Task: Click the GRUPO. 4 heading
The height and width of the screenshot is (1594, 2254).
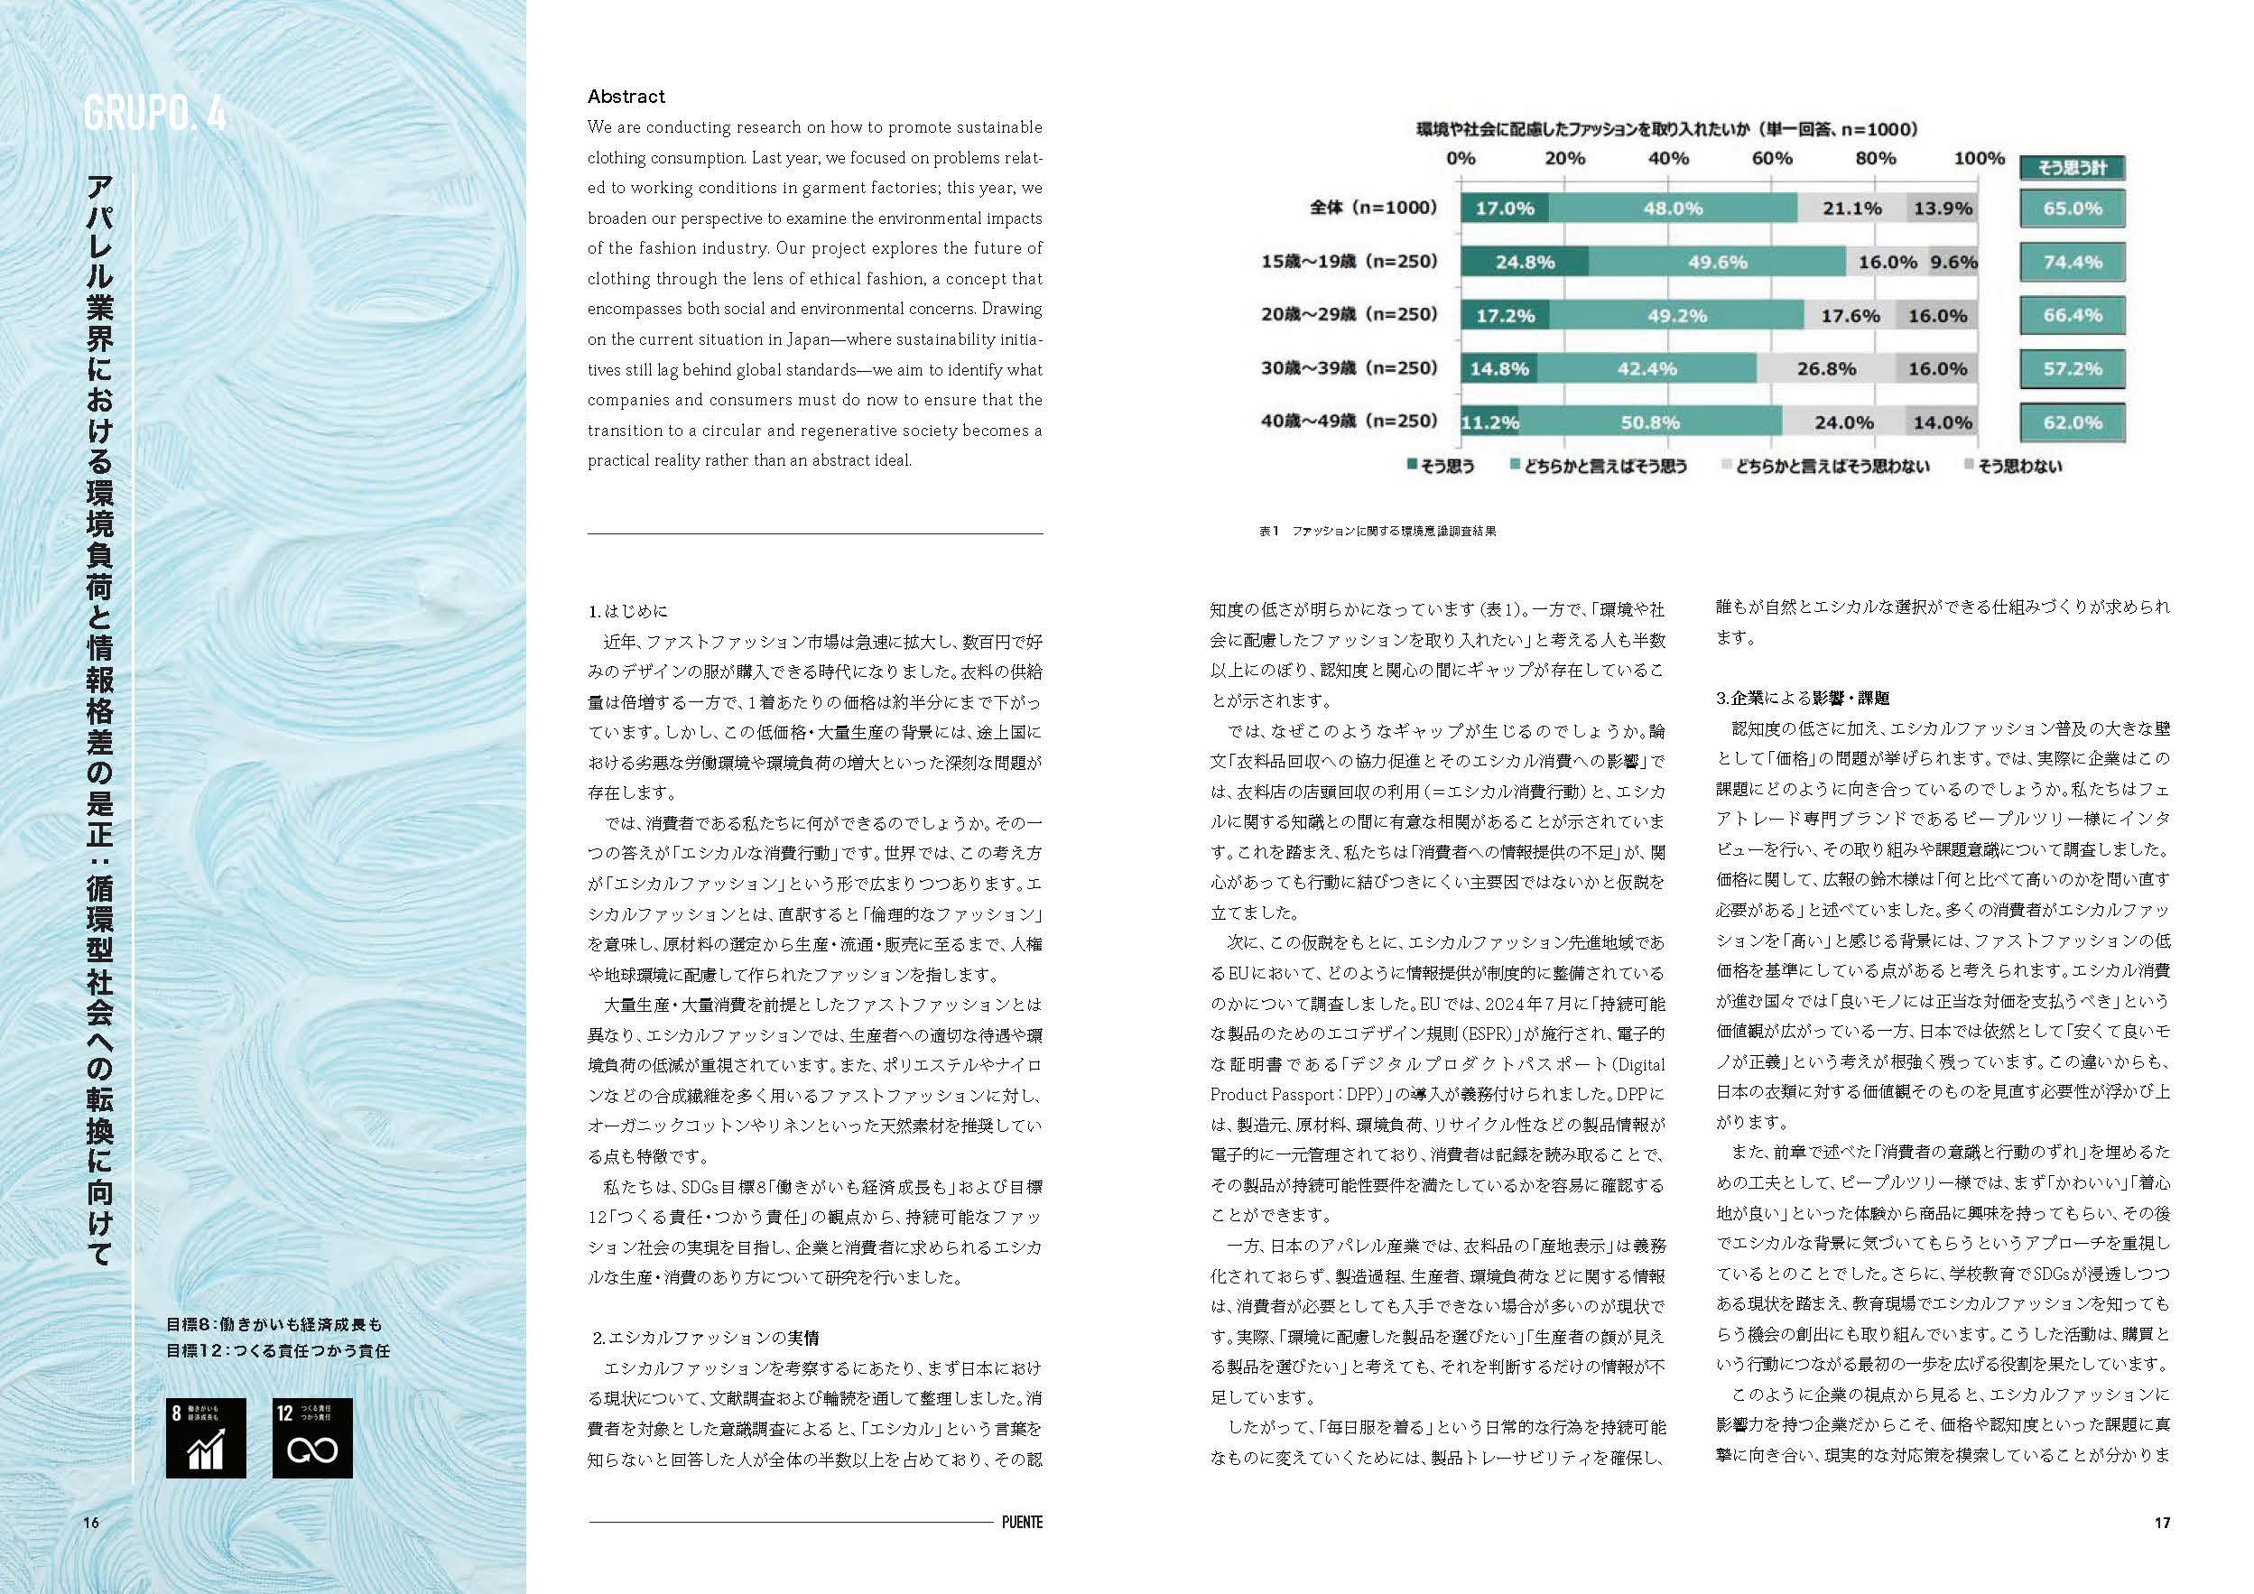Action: click(155, 115)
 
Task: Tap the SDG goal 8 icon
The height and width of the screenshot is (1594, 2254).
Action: click(205, 1437)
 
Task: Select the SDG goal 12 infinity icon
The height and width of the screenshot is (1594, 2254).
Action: click(312, 1437)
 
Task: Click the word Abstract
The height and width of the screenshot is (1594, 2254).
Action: click(626, 97)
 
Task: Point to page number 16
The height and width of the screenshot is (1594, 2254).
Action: click(91, 1523)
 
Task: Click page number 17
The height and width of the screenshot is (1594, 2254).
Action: click(2162, 1523)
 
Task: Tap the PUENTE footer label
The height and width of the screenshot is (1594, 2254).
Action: click(1022, 1523)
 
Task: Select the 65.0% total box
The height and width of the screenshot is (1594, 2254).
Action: click(2072, 209)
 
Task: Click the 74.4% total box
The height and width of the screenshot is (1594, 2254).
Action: click(2072, 262)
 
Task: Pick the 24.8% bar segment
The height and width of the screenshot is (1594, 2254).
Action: click(1524, 262)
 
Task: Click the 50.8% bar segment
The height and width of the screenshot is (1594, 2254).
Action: click(1650, 422)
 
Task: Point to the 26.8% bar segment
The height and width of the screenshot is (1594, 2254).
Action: click(1825, 369)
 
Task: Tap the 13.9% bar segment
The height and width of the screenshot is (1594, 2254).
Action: click(1942, 209)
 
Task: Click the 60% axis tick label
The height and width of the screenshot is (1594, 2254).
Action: click(1772, 158)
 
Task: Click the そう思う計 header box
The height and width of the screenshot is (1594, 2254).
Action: click(2072, 168)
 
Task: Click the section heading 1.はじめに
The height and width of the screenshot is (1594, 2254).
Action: click(628, 610)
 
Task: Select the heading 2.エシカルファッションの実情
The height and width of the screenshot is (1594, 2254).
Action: click(706, 1337)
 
